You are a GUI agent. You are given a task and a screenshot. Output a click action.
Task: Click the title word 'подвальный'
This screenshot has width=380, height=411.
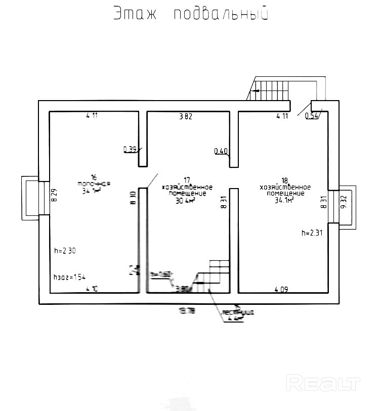pos(220,14)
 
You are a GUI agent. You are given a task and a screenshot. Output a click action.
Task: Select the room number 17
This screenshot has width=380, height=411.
pos(187,180)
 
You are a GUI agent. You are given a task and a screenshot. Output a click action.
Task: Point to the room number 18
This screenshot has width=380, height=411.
pos(284,180)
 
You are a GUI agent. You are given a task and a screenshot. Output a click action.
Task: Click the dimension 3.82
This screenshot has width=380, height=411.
pos(186,116)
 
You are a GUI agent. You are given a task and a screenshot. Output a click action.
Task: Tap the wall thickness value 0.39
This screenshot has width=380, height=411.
pos(130,149)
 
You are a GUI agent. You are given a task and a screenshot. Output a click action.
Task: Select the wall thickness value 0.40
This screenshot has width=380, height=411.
pos(221,151)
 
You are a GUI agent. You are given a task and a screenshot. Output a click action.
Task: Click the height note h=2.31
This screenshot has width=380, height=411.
pos(312,233)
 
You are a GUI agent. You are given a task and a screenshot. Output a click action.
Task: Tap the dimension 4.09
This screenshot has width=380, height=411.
pos(281,290)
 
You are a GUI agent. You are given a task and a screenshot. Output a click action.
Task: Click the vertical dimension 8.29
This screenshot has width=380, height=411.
pos(54,195)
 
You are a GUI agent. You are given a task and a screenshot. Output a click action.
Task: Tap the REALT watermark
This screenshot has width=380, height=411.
pos(323,383)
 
